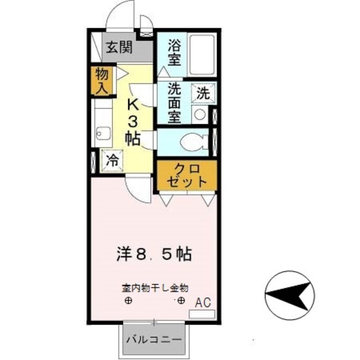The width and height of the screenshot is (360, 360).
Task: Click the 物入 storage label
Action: click(102, 80)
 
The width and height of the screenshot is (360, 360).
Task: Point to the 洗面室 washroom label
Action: click(173, 103)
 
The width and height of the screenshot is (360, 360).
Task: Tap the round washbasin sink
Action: click(200, 115)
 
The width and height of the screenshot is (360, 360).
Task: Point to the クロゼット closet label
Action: click(186, 175)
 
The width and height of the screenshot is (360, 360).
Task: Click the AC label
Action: click(202, 302)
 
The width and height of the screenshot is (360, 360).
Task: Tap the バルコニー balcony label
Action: click(154, 340)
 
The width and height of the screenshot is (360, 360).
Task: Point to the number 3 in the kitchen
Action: click(134, 121)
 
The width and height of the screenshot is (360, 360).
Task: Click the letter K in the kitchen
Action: click(134, 105)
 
